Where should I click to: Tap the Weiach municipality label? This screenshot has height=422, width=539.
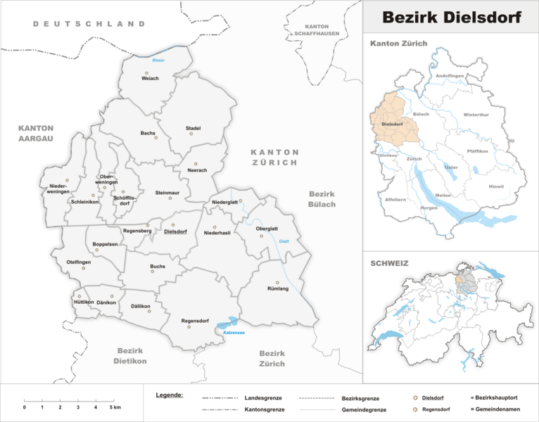(150, 79)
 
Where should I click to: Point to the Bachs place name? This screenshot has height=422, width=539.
(148, 132)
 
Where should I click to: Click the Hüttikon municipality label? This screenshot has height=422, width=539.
(83, 302)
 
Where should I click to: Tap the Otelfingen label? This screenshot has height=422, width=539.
(79, 262)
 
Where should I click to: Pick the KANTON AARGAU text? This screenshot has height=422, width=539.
(37, 134)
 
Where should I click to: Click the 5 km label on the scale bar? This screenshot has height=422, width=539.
(115, 408)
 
